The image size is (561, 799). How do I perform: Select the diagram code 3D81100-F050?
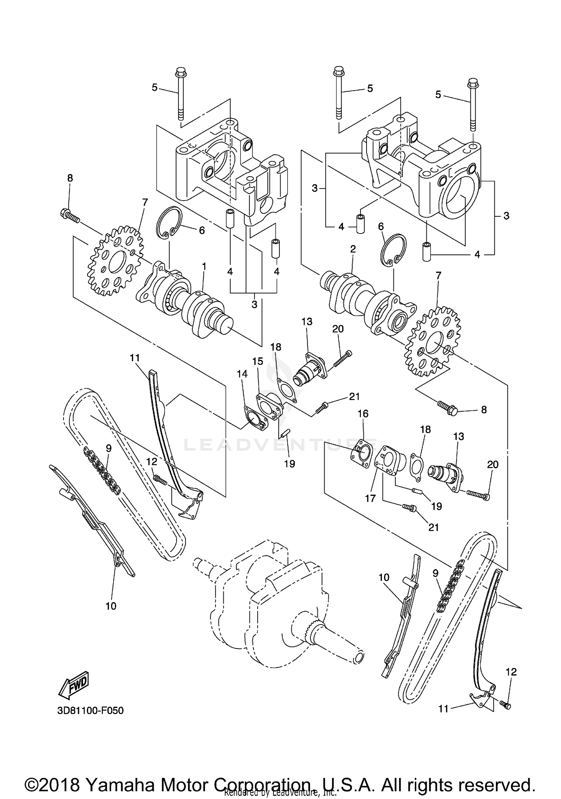90,710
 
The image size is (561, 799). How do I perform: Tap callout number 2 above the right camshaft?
353,249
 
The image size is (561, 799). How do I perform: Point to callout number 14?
242,374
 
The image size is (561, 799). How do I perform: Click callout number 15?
258,361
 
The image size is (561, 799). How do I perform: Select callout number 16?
363,414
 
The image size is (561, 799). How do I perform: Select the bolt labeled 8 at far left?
69,215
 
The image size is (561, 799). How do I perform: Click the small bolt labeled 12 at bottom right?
506,705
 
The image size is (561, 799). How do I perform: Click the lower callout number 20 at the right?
493,464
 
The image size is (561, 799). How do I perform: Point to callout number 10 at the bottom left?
111,606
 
